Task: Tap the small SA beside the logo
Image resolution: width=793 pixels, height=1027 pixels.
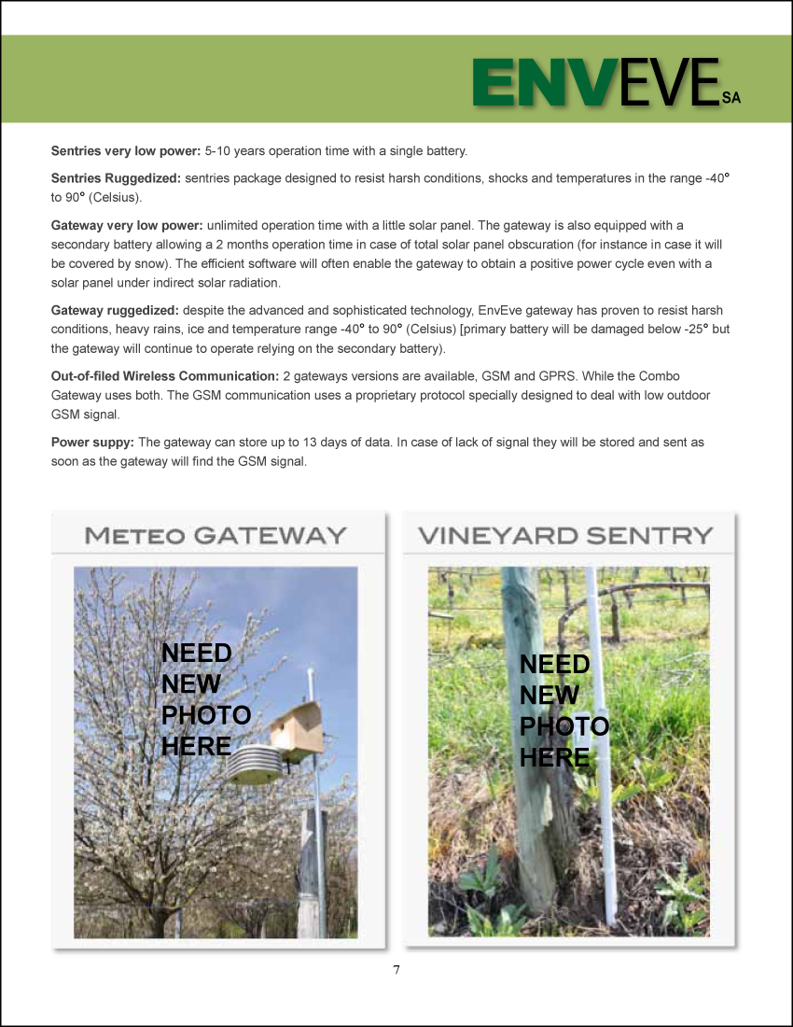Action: pos(731,97)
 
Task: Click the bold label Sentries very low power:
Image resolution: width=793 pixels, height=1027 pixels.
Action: pos(126,150)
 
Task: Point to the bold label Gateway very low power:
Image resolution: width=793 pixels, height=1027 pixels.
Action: pos(127,225)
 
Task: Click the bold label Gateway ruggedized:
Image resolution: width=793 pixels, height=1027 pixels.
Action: pos(115,310)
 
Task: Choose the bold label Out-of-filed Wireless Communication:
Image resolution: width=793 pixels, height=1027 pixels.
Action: pos(165,375)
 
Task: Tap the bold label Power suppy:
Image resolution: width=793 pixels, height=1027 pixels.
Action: pos(92,442)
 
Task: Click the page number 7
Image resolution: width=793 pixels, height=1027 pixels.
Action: pos(396,970)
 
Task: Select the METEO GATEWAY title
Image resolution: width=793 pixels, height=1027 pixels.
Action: pos(216,536)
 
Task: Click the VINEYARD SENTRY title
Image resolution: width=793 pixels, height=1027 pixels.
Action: pos(565,536)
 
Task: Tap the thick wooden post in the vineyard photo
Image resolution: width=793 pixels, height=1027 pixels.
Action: pos(539,747)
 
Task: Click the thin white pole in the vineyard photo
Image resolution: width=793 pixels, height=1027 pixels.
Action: pos(597,747)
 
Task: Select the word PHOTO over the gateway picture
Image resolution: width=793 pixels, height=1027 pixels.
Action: pos(206,715)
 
